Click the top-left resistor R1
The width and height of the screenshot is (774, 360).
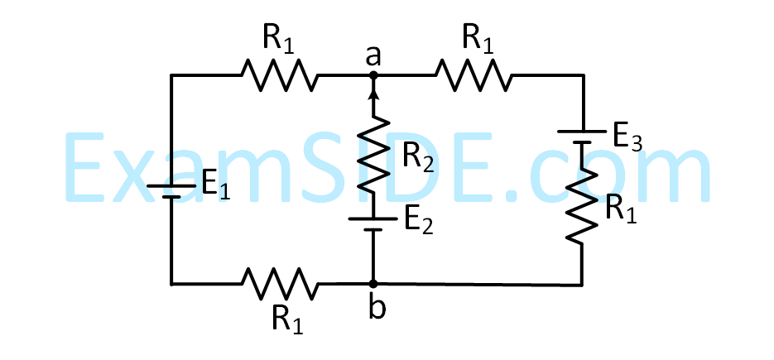click(279, 75)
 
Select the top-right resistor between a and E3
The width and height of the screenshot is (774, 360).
click(474, 75)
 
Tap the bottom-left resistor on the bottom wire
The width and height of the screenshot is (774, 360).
click(279, 283)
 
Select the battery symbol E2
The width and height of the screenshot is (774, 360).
click(373, 223)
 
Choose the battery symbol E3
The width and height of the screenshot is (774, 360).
click(582, 136)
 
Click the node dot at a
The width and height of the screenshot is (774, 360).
click(373, 75)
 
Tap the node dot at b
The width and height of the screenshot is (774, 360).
click(373, 283)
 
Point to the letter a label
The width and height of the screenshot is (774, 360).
click(373, 55)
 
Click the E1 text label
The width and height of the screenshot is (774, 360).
click(216, 186)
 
